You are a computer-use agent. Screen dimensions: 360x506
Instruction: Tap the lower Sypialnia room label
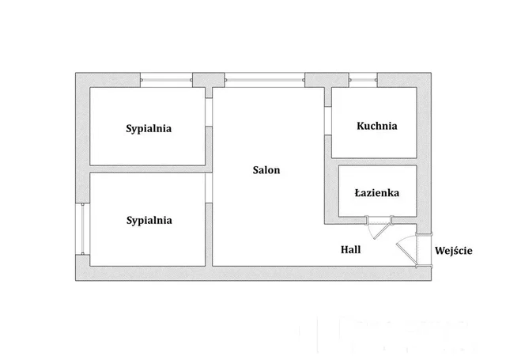149,221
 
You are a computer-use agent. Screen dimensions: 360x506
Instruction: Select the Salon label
266,169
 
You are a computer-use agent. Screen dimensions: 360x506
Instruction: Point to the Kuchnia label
376,126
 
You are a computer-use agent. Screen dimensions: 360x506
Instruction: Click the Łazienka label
376,192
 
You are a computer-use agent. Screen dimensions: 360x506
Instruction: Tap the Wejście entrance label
454,251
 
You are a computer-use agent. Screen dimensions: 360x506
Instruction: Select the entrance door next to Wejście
409,247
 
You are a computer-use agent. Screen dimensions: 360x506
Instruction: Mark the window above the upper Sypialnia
166,78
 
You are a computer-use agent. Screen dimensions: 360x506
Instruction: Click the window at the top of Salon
265,78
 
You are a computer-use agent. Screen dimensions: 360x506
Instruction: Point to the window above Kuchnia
363,78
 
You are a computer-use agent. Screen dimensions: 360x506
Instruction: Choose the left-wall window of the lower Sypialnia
81,229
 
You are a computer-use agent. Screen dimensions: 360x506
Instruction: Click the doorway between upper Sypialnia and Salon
210,112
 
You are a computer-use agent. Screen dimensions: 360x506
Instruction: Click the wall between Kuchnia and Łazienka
374,161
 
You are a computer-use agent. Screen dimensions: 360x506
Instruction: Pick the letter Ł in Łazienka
358,192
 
